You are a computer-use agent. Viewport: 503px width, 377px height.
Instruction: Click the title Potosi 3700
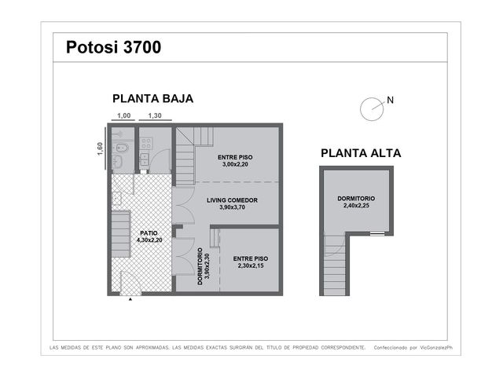point(113,47)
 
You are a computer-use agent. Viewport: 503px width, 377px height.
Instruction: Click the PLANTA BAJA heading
point(152,98)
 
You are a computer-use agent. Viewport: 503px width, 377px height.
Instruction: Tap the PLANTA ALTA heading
point(361,153)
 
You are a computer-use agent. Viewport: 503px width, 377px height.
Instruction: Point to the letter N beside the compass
point(390,101)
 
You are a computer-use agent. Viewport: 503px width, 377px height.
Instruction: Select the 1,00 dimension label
point(124,115)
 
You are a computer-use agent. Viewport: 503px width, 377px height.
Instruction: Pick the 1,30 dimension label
point(155,115)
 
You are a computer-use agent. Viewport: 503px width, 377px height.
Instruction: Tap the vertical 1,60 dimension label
point(100,149)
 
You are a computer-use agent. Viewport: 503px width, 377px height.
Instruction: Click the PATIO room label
point(149,233)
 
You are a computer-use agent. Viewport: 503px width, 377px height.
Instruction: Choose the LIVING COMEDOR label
point(233,200)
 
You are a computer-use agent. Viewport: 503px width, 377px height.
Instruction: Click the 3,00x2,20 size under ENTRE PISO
point(235,164)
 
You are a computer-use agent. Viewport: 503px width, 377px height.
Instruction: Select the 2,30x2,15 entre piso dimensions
point(251,265)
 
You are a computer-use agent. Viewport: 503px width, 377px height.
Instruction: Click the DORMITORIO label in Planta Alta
point(356,199)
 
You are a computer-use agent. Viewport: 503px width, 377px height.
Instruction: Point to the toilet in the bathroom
point(121,148)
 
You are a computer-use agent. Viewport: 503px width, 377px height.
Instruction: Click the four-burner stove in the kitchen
point(146,143)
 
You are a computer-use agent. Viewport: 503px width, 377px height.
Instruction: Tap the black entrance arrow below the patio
point(130,299)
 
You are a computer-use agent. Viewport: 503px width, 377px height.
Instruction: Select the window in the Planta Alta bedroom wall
point(377,233)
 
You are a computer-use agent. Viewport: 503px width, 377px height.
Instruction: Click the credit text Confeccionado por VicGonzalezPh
point(413,347)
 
